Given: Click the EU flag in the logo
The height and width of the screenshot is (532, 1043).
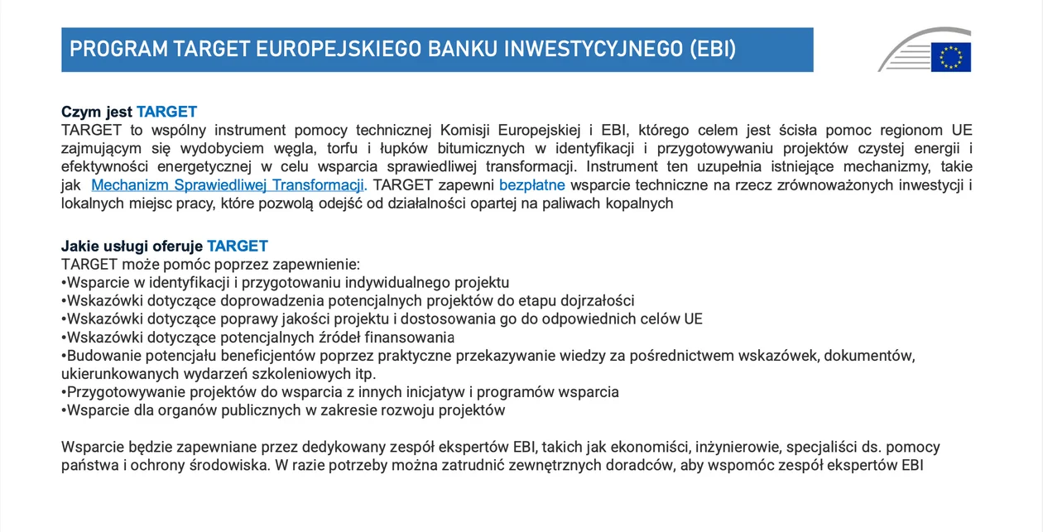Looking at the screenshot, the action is [x=951, y=57].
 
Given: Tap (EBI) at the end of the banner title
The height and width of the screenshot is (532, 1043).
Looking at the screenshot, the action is [x=713, y=50].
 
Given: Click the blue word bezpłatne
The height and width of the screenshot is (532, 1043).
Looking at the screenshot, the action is [x=532, y=185].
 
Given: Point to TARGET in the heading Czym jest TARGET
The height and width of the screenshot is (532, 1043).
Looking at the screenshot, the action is [x=166, y=112].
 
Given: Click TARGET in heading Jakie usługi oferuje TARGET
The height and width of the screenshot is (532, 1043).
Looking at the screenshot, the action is [x=238, y=246].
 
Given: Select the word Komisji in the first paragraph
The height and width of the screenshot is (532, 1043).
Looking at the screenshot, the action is [x=464, y=130].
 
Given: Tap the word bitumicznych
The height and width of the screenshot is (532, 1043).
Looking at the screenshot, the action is [x=481, y=148].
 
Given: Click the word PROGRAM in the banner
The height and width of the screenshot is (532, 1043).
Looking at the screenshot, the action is [x=118, y=50].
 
